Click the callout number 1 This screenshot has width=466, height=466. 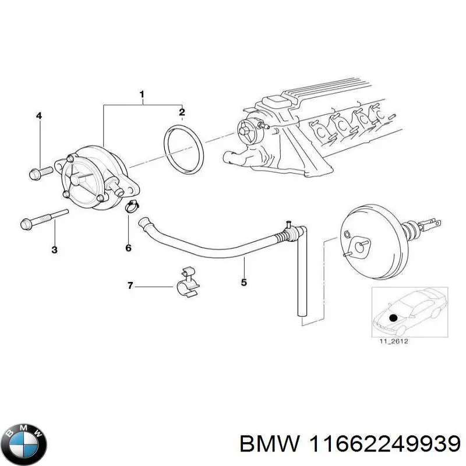(x=142, y=94)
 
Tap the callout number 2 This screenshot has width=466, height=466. (x=182, y=112)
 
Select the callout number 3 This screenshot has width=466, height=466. (x=54, y=250)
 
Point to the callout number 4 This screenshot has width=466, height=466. (x=39, y=116)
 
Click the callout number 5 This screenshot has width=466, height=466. (x=243, y=283)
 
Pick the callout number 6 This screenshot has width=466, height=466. (x=129, y=248)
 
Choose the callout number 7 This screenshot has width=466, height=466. (x=130, y=285)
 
